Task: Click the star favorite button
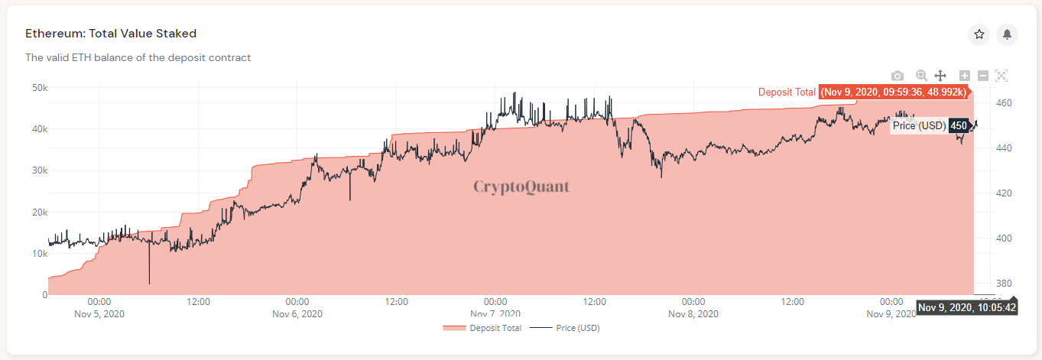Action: click(979, 34)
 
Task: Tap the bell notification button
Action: click(1008, 34)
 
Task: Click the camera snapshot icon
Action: click(898, 76)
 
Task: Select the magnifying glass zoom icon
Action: click(921, 76)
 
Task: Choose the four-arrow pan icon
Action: click(941, 76)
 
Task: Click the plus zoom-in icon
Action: click(965, 76)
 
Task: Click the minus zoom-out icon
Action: click(983, 76)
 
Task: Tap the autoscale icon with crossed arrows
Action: click(1002, 76)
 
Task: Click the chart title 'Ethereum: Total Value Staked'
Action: click(111, 34)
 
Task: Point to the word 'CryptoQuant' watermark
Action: click(521, 186)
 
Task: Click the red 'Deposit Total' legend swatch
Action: click(454, 328)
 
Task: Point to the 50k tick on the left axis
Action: click(39, 88)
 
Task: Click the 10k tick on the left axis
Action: click(39, 253)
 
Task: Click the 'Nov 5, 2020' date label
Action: click(99, 314)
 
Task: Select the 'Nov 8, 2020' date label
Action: click(693, 314)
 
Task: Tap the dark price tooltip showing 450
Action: click(959, 125)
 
